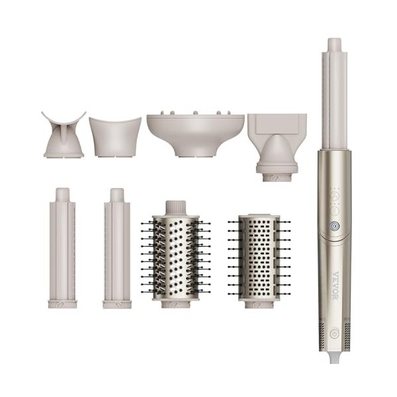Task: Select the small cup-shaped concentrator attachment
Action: pyautogui.click(x=115, y=136)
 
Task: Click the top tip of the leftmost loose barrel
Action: pyautogui.click(x=62, y=193)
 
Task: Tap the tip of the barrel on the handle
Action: pyautogui.click(x=334, y=44)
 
